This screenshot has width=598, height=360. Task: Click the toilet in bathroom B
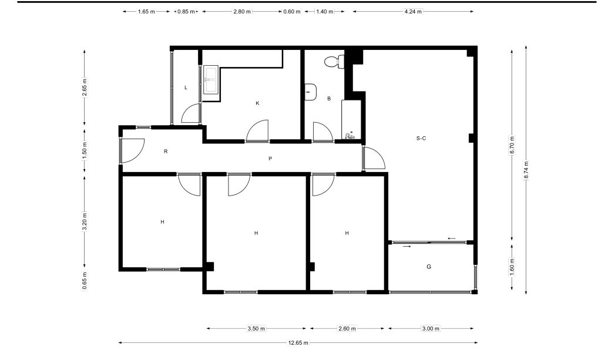(x=334, y=62)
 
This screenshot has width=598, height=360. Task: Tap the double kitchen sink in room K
(x=210, y=80)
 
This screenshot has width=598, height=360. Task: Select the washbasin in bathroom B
(x=310, y=92)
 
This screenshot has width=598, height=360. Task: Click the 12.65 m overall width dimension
(x=298, y=342)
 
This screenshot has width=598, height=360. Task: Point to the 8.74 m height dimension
(x=526, y=170)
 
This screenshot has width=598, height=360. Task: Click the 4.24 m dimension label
(x=413, y=11)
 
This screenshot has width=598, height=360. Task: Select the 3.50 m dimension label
(x=256, y=328)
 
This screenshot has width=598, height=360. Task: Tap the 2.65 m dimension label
(x=85, y=87)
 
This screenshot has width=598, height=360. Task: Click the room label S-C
(x=421, y=138)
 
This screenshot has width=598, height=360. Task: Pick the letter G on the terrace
(x=429, y=267)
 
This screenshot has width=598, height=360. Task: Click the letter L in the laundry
(x=186, y=88)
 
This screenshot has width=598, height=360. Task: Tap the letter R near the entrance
(x=166, y=152)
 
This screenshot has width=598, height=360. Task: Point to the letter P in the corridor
(x=270, y=158)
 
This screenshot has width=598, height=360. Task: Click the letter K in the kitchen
(x=257, y=103)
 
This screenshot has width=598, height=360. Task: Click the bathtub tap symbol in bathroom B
(x=349, y=136)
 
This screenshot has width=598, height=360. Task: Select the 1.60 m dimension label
(x=512, y=267)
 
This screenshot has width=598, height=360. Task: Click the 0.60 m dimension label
(x=292, y=11)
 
